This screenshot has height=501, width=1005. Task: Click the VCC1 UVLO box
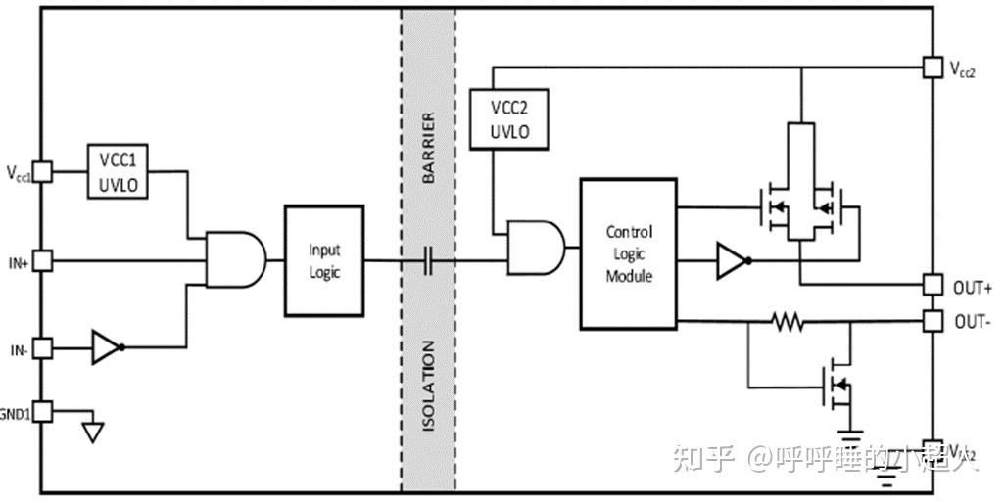point(119,171)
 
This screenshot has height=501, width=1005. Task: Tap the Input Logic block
point(324,260)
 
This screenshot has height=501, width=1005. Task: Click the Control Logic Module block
point(628,253)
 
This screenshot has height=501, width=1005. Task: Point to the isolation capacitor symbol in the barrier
point(428,261)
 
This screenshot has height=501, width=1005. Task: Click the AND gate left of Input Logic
point(236,260)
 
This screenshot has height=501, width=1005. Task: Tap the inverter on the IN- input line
point(107,347)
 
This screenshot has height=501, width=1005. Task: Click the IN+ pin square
point(42,261)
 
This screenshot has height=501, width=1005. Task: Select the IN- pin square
point(42,348)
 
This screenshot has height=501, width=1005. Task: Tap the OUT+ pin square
point(933,285)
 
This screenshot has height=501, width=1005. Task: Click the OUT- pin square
point(933,320)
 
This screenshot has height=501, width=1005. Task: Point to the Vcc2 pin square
point(933,67)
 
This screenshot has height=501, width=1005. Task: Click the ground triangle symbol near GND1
point(92,432)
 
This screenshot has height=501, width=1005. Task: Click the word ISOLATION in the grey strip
point(428,387)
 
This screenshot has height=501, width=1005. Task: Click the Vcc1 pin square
point(42,172)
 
